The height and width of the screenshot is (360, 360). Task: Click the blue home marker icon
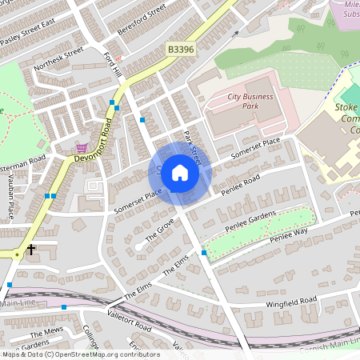180,172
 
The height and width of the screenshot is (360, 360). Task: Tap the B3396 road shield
180,50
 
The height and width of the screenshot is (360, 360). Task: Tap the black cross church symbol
31,250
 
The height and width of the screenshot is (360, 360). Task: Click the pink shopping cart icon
81,148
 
